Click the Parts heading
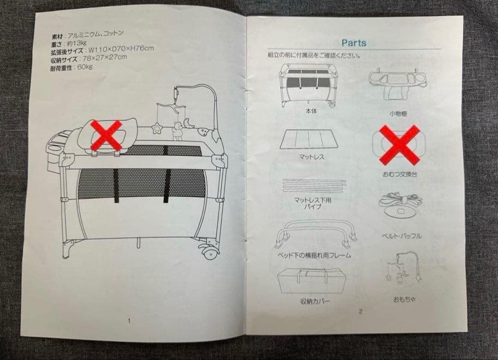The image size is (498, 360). [x=354, y=43]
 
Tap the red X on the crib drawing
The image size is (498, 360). [x=107, y=135]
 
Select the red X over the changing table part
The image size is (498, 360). [x=400, y=144]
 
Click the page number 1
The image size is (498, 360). [x=129, y=321]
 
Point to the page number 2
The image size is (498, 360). [x=361, y=311]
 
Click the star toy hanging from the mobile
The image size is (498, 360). [x=157, y=129]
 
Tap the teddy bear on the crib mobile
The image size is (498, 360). [x=177, y=131]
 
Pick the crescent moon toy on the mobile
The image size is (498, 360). [x=190, y=124]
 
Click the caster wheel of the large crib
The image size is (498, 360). [x=210, y=253]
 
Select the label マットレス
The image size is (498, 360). [x=312, y=157]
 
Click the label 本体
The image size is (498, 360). [x=311, y=111]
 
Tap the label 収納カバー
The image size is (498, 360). [x=315, y=301]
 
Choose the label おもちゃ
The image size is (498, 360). [x=404, y=299]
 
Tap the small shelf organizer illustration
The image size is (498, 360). [x=397, y=83]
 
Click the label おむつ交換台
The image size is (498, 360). [x=399, y=174]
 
